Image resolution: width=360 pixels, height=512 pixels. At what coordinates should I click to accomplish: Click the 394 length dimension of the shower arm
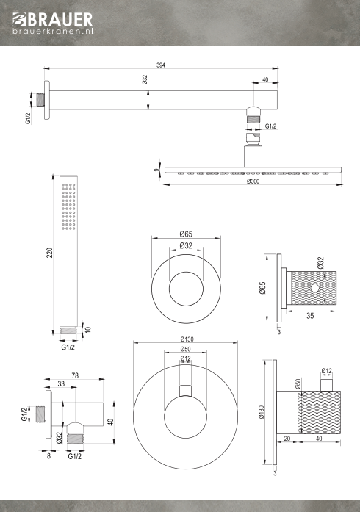coord(161,65)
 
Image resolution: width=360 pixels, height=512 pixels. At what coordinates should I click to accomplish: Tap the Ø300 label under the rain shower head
coord(253,181)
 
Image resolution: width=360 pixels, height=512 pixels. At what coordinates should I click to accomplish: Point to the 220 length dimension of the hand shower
coord(49,253)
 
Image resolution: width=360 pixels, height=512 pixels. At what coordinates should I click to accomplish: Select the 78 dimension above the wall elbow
coord(75,376)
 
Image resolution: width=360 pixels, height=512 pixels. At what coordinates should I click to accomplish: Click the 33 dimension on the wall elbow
coord(61,384)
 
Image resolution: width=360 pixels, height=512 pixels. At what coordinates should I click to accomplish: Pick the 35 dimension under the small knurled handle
coord(310,316)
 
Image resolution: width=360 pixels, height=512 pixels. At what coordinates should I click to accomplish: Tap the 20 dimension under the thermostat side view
coord(287,439)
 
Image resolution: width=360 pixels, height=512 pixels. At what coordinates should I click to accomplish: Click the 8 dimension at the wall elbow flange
coord(48,456)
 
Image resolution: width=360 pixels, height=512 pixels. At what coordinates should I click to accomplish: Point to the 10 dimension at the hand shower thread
coord(88,330)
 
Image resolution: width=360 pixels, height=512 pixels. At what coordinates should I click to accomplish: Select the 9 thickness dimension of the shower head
coord(156,170)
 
